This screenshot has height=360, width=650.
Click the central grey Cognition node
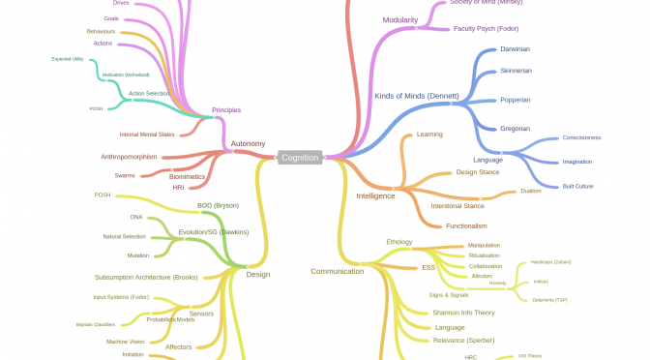(300, 157)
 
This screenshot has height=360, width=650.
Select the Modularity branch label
(400, 19)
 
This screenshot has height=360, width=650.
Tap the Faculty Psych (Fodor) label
(486, 28)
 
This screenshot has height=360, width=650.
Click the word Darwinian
(515, 48)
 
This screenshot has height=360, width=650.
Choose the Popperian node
(515, 100)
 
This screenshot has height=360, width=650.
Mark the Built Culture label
(577, 185)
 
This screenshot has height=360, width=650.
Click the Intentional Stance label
(458, 205)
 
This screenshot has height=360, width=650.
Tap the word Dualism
(531, 191)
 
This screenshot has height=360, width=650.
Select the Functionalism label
(459, 225)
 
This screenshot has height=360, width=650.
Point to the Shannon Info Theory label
(463, 312)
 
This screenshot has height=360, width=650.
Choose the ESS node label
(428, 266)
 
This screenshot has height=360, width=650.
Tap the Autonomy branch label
(248, 143)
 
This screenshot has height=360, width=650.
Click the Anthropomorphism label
(129, 156)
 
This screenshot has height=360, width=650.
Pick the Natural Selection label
(124, 236)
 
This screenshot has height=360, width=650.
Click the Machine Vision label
(125, 341)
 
